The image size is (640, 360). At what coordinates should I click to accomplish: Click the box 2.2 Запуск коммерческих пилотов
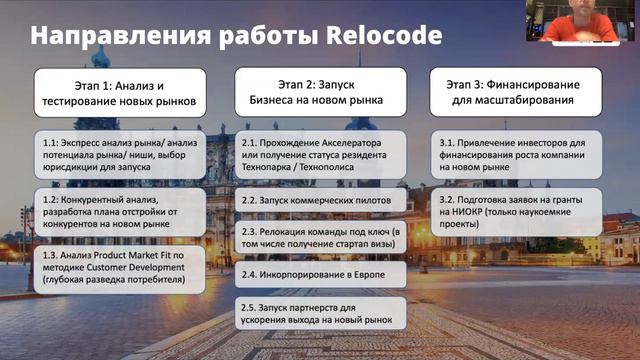(321, 200)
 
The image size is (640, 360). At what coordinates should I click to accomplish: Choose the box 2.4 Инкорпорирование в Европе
(321, 274)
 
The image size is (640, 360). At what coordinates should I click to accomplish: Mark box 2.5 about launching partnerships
(321, 313)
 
